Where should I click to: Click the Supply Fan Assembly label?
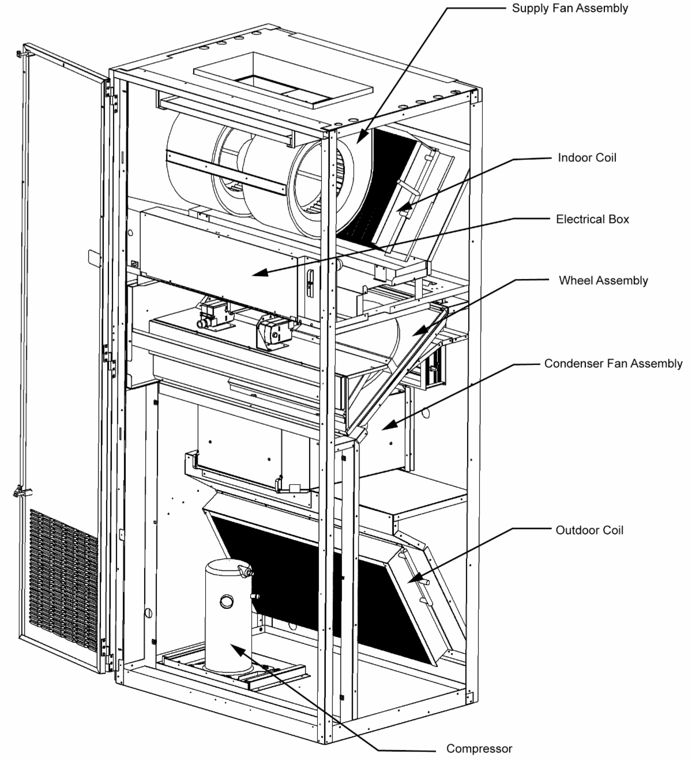(570, 9)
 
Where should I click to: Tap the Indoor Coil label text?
(586, 158)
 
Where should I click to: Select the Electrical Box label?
(592, 220)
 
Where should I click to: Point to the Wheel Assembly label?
(603, 281)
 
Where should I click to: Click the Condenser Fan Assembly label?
(613, 364)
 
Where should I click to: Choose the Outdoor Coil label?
(589, 530)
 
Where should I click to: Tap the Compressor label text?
(479, 749)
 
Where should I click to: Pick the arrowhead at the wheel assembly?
(420, 331)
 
